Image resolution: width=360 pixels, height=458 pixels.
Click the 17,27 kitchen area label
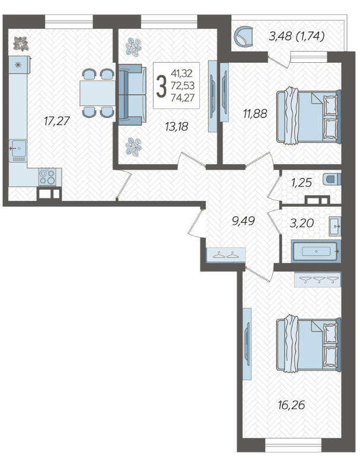(x=56, y=121)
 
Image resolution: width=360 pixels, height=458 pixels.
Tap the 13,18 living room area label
(x=176, y=126)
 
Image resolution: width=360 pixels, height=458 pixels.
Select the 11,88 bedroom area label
(x=255, y=114)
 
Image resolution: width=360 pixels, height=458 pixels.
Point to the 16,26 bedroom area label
(x=292, y=405)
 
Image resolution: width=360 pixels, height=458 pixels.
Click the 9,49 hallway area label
(x=243, y=221)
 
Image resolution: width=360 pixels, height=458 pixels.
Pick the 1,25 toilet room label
(x=301, y=183)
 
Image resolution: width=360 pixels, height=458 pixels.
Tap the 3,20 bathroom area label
(x=302, y=223)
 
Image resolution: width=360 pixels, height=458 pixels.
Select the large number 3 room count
(x=161, y=85)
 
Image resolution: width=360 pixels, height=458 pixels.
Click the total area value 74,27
(x=183, y=98)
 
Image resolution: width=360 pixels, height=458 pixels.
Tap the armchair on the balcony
(x=243, y=36)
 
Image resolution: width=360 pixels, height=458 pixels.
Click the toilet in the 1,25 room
(x=332, y=179)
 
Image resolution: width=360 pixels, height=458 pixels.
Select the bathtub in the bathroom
(x=316, y=251)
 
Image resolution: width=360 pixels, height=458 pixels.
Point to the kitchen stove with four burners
(x=47, y=177)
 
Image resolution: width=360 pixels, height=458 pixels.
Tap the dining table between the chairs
(x=98, y=93)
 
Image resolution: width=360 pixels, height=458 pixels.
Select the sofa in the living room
(x=132, y=95)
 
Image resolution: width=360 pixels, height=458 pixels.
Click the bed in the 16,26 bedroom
(x=309, y=344)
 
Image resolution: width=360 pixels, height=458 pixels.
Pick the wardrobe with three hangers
(x=318, y=280)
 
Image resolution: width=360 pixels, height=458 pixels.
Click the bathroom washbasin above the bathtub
(x=335, y=226)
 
